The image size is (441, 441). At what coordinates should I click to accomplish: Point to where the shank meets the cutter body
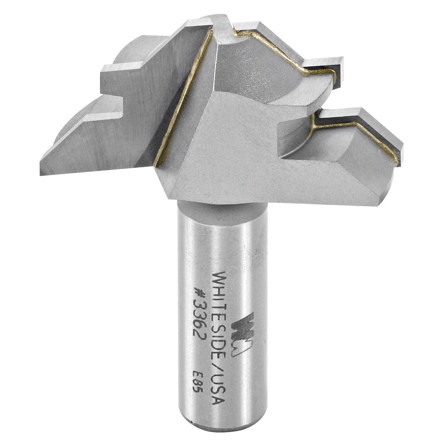[222, 204]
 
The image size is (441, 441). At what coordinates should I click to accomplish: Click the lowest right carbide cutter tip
[399, 154]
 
